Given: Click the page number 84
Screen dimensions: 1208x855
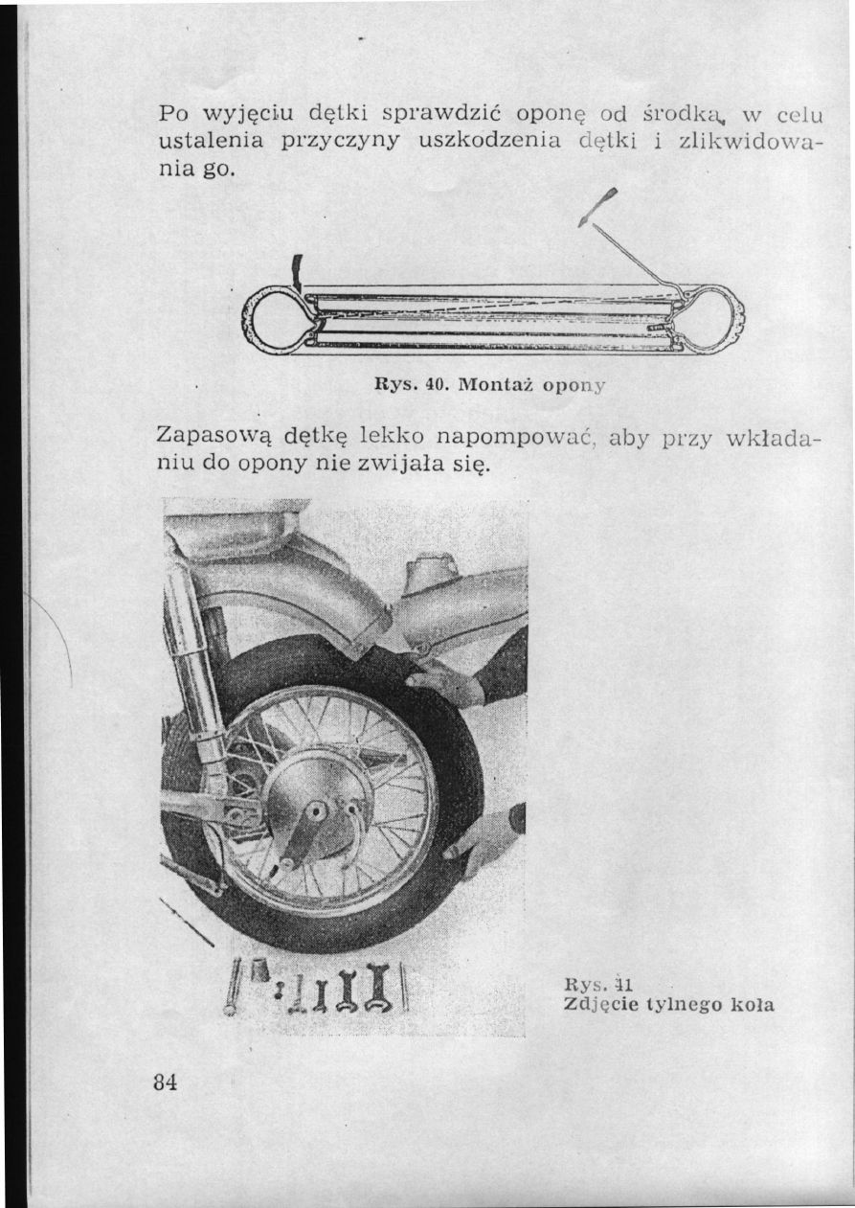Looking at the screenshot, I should click(x=166, y=1083).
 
